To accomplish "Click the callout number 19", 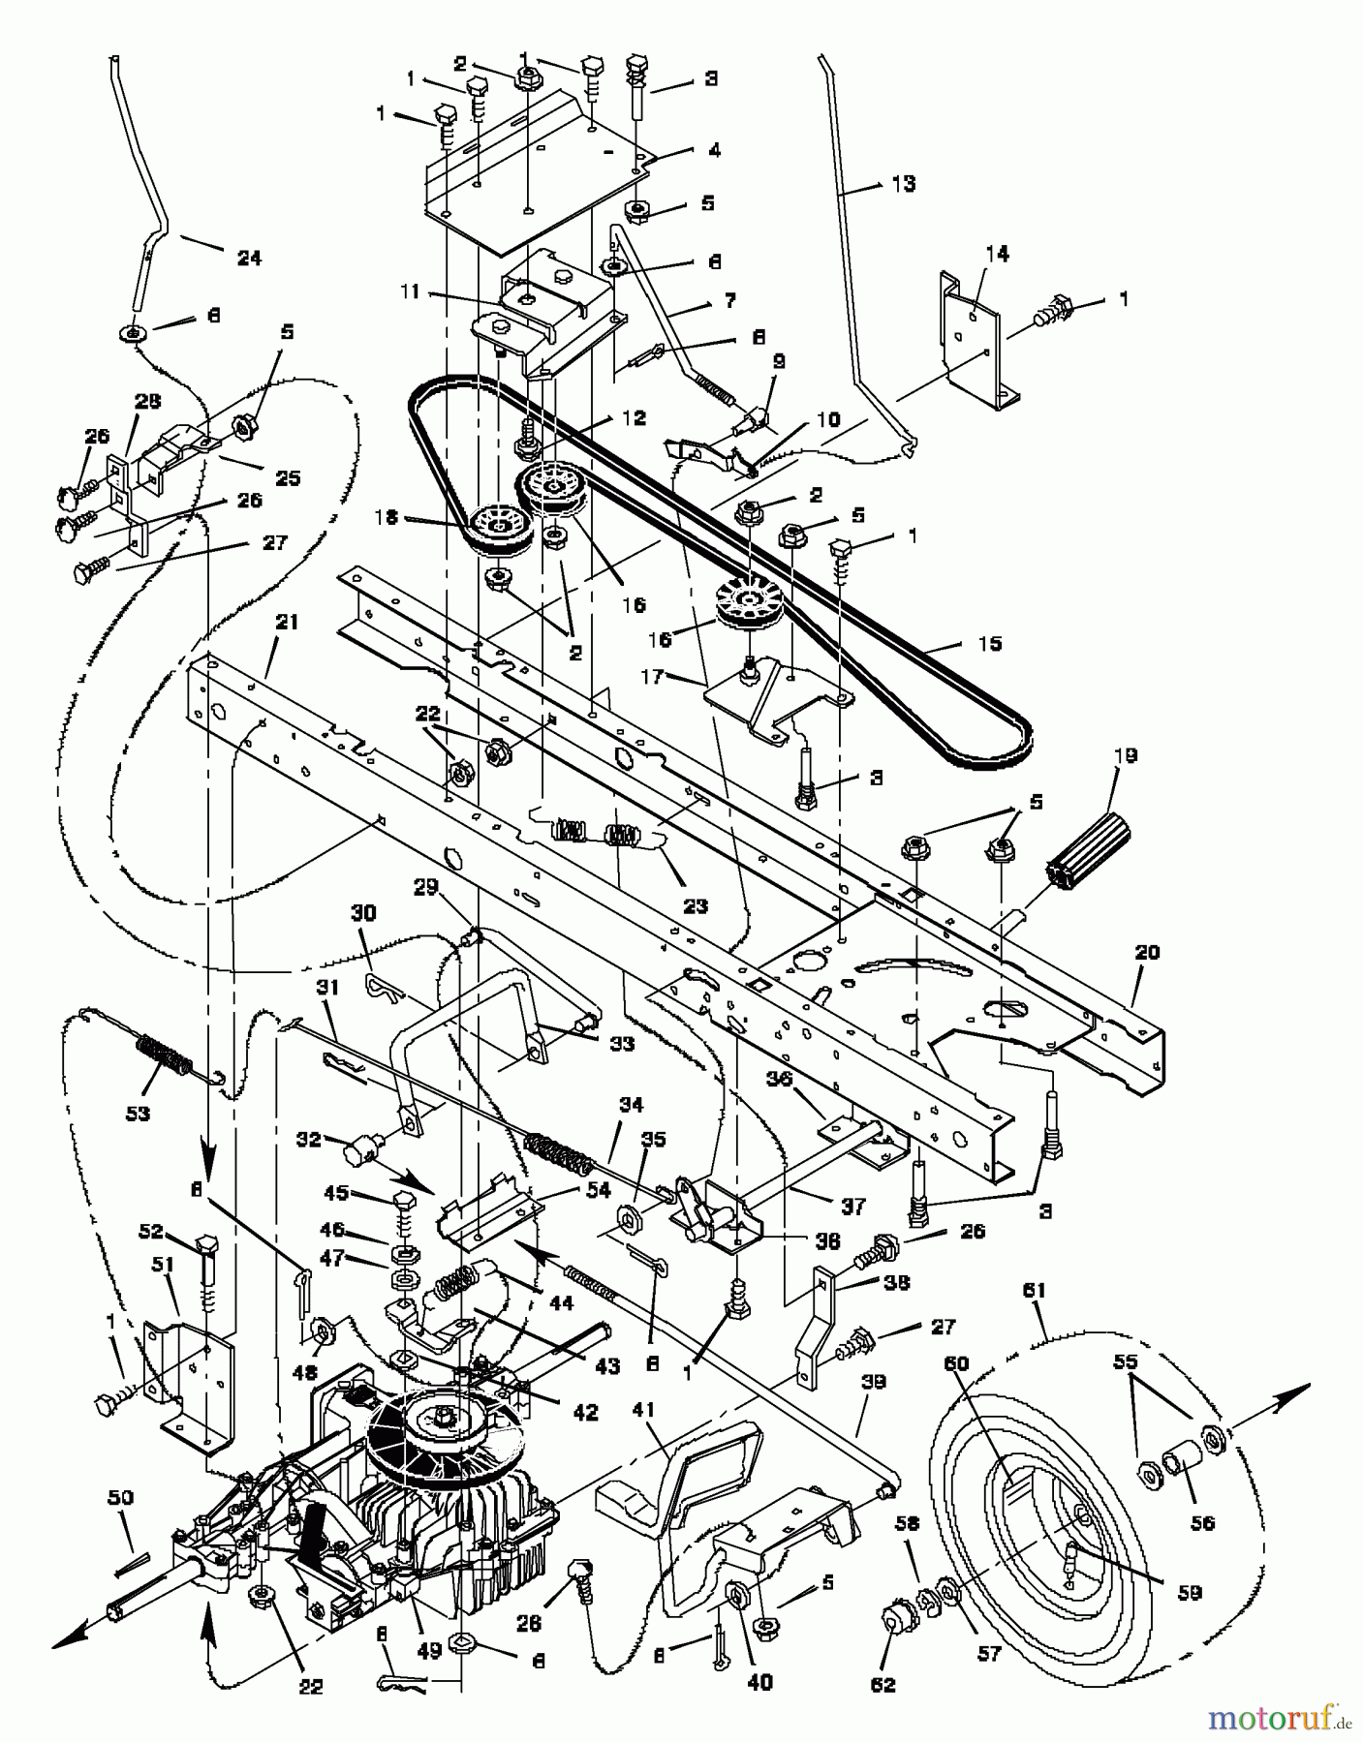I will pos(1126,756).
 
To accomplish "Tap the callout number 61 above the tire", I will pos(1036,1290).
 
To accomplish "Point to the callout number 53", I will pos(138,1114).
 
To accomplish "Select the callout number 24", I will pos(249,258).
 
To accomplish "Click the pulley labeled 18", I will pos(499,529).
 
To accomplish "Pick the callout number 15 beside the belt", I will pos(989,644).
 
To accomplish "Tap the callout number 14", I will pos(997,254).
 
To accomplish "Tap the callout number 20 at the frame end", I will pos(1146,953).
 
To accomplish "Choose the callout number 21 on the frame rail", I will pos(287,622).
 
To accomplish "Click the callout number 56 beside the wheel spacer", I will pos(1202,1523).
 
